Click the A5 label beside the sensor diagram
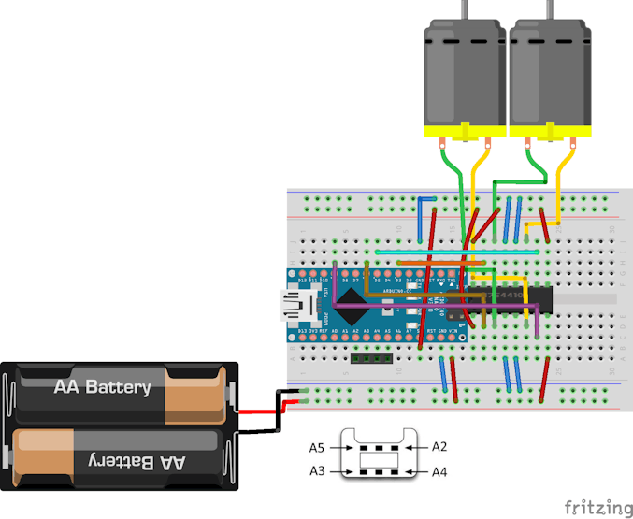318,447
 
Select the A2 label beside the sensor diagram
440,447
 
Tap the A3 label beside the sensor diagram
318,471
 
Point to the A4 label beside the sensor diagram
440,471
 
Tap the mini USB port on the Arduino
298,304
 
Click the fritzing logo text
597,508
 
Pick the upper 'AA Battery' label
102,387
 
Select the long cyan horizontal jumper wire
456,252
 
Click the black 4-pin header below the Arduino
370,357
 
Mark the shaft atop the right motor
549,9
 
